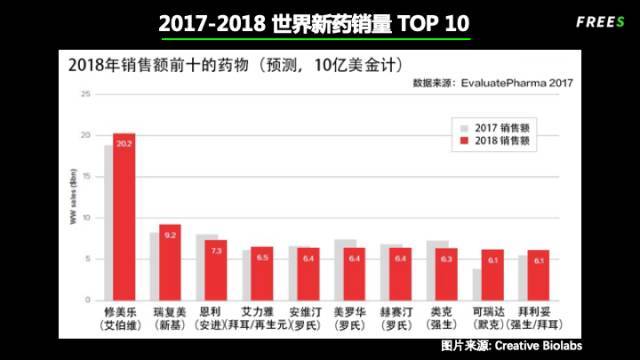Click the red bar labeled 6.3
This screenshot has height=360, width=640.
coord(444,273)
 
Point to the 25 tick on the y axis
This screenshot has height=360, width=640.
coord(85,94)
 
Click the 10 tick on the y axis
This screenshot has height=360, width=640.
coord(85,217)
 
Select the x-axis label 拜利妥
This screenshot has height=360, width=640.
coord(535,312)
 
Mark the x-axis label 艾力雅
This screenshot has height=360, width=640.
coord(260,312)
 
